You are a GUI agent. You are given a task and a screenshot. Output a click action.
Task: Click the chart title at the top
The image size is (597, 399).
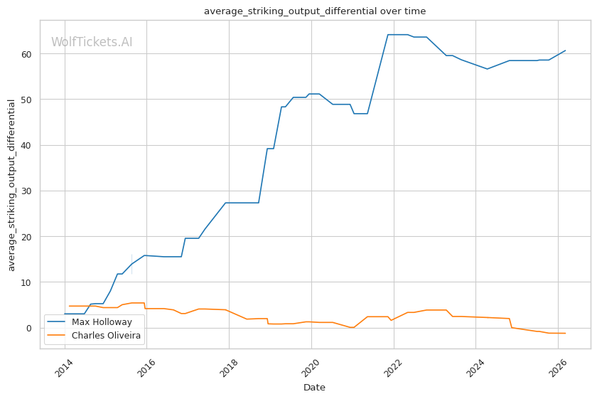(x=315, y=11)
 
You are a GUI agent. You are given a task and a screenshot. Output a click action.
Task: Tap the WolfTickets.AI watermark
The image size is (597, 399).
(x=92, y=43)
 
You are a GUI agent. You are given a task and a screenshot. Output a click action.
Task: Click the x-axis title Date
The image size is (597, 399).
(x=315, y=388)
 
